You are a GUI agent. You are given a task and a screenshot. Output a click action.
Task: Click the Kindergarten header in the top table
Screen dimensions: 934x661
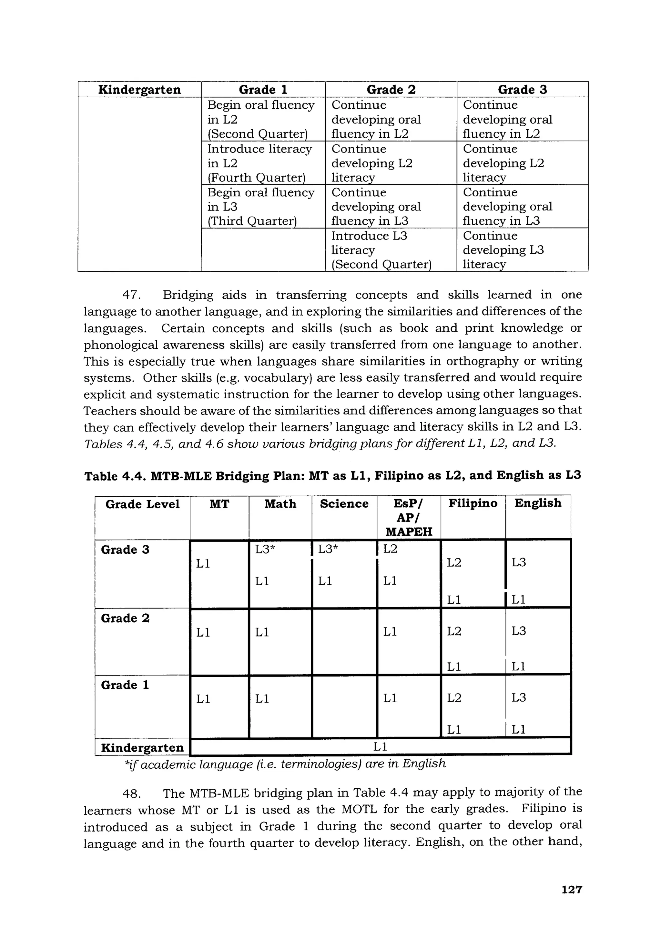tap(139, 90)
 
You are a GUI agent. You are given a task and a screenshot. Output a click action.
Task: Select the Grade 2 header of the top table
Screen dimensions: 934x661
tap(391, 90)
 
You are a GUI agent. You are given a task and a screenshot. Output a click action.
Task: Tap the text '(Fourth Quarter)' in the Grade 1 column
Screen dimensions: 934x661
tap(256, 178)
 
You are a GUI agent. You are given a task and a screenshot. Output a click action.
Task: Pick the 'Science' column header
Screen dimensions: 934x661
tap(344, 504)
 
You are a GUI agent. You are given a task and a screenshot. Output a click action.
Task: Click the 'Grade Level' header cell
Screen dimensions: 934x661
tap(142, 504)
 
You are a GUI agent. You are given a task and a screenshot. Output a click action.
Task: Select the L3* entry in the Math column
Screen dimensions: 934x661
tap(265, 549)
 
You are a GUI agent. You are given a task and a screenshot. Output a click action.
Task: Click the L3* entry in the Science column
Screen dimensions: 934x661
tap(328, 549)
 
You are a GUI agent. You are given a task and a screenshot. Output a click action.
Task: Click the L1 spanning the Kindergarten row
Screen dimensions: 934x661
tap(380, 746)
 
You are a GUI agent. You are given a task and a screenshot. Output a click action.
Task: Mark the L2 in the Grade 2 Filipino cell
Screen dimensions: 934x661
tap(454, 631)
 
